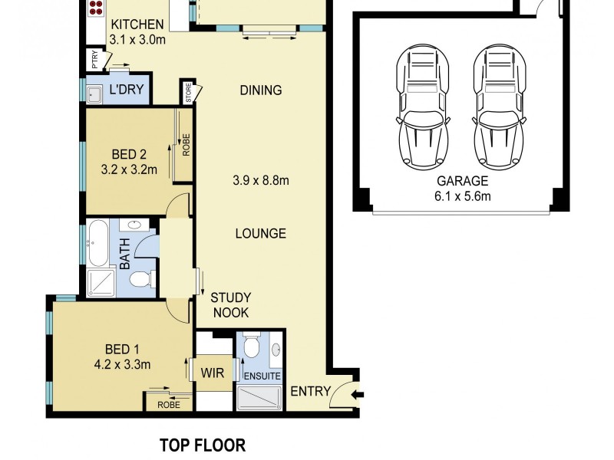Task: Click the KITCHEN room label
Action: [137, 25]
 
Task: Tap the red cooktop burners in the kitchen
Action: [96, 8]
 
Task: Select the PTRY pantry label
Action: [94, 60]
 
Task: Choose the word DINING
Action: [260, 90]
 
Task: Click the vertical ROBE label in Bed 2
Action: [185, 144]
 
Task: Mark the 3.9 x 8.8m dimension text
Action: [260, 181]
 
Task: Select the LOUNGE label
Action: [260, 233]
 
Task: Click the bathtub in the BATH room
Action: [97, 243]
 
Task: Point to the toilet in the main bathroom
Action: [141, 279]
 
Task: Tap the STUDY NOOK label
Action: [230, 305]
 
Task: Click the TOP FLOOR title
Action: [202, 445]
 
